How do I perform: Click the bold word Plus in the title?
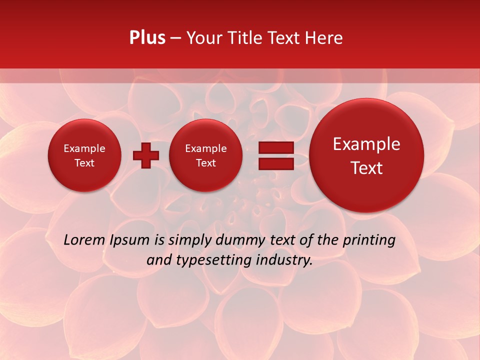tap(147, 38)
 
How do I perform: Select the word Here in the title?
tap(324, 38)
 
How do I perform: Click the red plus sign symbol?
tap(145, 155)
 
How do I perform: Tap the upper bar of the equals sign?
tap(276, 148)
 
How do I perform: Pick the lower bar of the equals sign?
tap(276, 163)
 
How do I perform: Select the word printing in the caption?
tap(369, 240)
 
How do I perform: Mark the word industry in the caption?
tap(284, 260)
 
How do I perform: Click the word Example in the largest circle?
tap(366, 144)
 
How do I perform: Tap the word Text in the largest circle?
tap(366, 168)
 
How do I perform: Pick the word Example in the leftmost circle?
tap(84, 148)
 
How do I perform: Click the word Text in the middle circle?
tap(205, 163)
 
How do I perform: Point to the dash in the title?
tap(175, 38)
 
